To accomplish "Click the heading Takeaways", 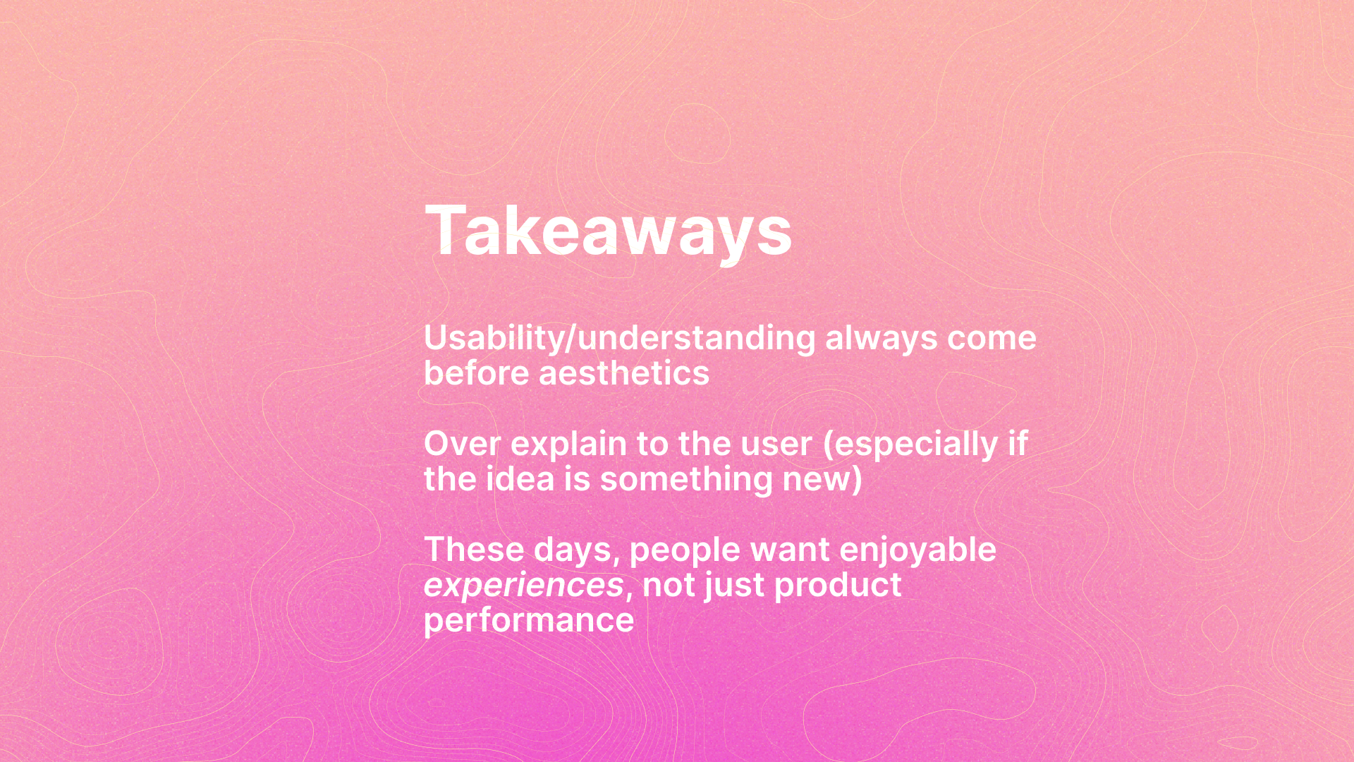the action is [608, 231].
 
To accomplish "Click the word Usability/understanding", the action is [620, 339].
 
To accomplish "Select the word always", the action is [882, 339].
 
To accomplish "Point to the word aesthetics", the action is [624, 373].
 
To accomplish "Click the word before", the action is [477, 373].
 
